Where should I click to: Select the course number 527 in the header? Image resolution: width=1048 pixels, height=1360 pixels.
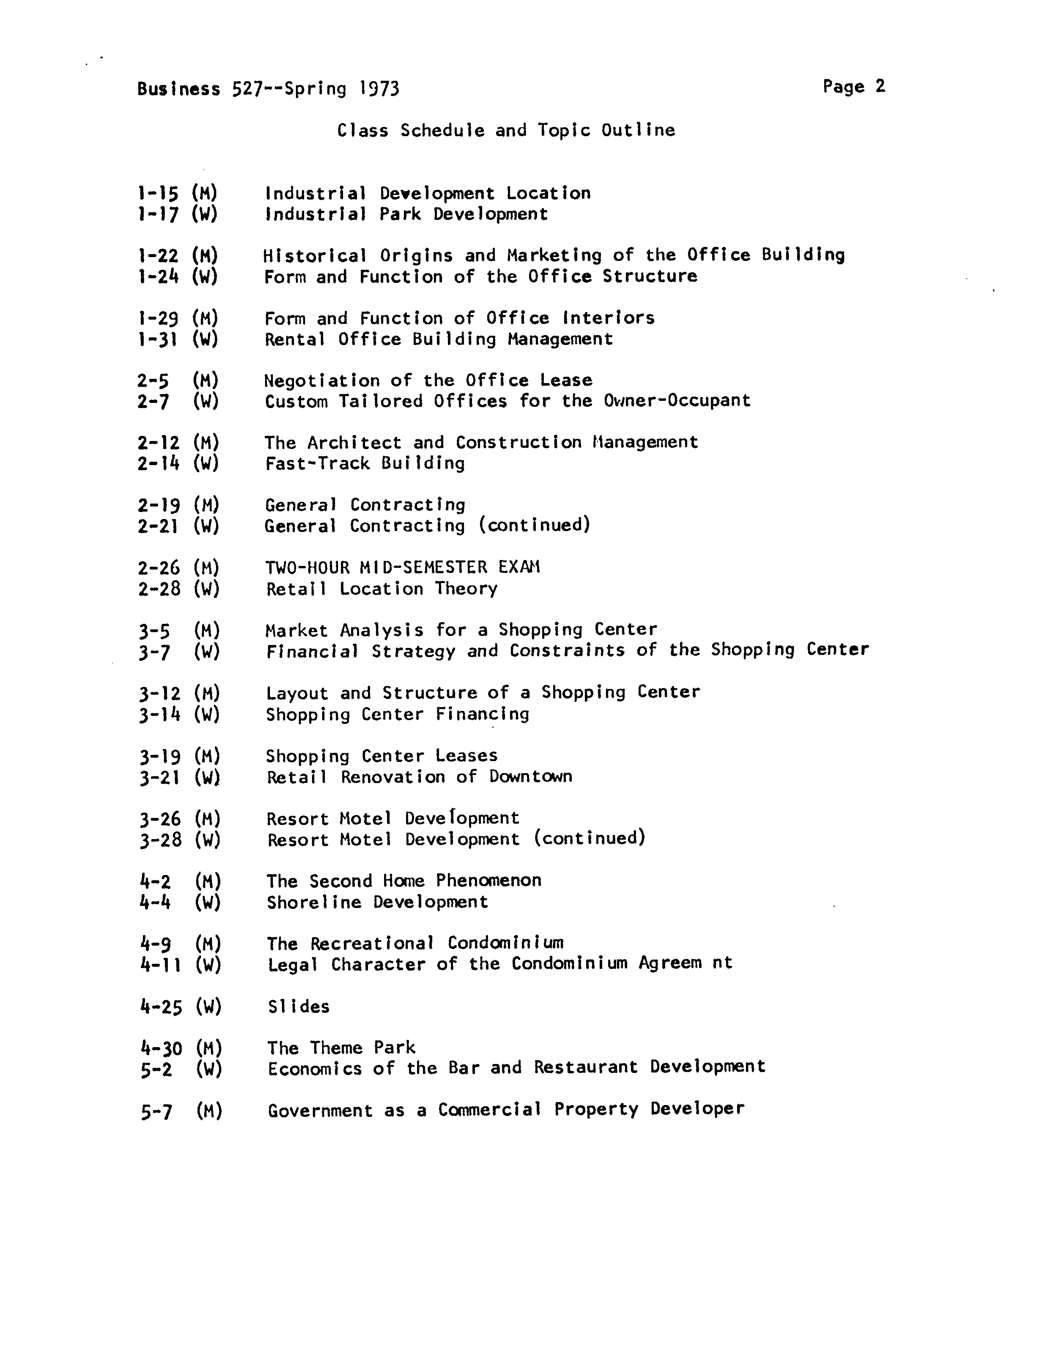point(245,89)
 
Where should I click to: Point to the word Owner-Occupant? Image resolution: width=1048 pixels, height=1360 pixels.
point(677,400)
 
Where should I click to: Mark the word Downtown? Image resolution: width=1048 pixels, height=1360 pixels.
point(531,777)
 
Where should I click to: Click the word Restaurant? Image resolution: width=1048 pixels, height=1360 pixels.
point(586,1067)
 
